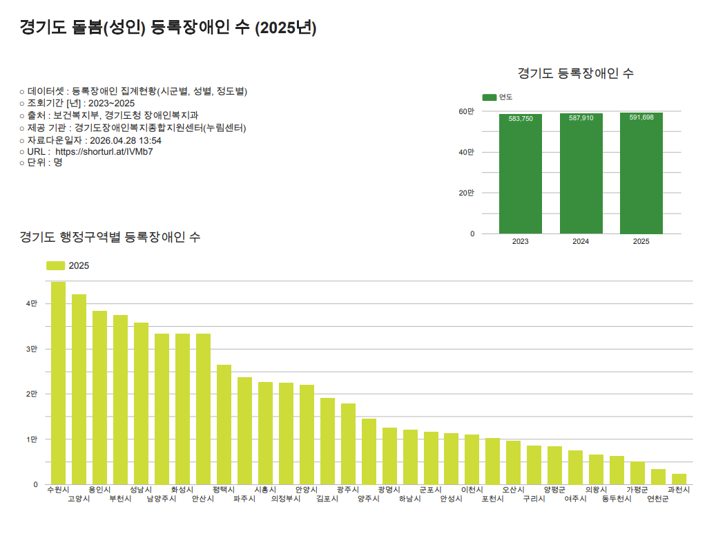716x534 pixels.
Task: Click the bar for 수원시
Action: (58, 383)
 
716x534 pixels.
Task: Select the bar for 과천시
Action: (679, 479)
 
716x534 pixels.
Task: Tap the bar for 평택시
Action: (224, 425)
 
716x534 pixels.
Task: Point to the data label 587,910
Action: (581, 118)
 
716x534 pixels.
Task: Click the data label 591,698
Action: (641, 117)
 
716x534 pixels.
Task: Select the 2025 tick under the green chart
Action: (641, 242)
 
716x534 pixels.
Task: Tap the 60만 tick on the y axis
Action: (467, 111)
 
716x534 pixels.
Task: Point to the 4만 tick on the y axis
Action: (32, 304)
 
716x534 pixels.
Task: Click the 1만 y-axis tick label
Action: (32, 439)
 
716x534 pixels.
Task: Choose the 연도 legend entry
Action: (505, 97)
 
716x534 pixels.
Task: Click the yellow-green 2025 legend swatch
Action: (55, 266)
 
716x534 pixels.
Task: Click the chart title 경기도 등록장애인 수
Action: (575, 73)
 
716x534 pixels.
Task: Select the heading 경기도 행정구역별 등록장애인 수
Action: (110, 237)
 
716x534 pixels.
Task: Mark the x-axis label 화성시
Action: (182, 490)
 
